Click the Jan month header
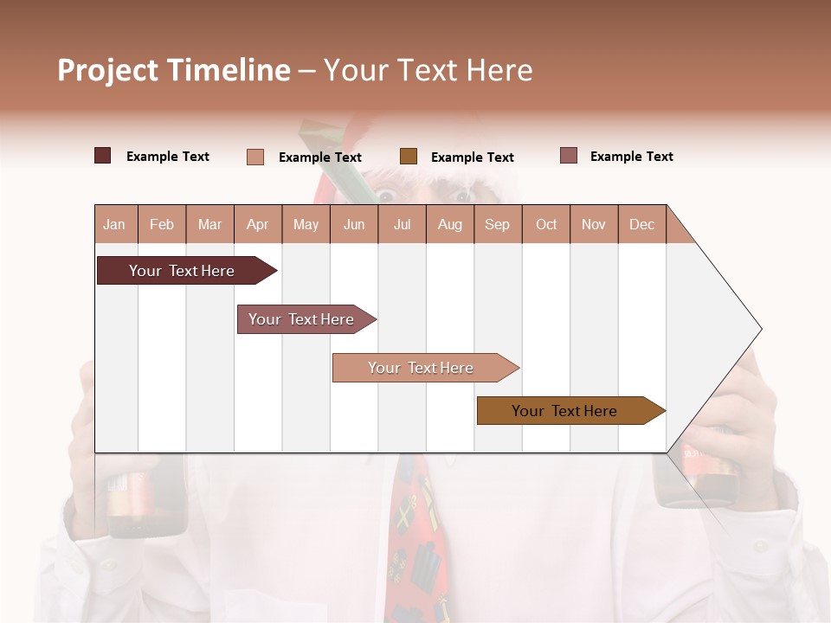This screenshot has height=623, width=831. coord(114,224)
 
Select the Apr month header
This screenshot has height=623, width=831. coord(257,224)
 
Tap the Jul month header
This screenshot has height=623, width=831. coord(402,224)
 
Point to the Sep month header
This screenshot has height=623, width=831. coord(497,224)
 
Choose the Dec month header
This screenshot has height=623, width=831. coord(641,224)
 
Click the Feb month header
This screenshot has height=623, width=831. coord(162,224)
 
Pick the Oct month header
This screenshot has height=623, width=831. coord(546,224)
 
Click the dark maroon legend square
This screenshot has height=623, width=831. coord(103,156)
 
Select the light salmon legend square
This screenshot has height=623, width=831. coord(255,157)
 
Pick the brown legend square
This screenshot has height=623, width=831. coord(409,157)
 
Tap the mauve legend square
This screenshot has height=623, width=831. coord(568,156)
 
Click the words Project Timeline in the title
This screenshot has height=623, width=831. coord(174,70)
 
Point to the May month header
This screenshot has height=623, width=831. coord(306,224)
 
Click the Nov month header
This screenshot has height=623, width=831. coord(594,224)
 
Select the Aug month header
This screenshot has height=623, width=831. coord(449,224)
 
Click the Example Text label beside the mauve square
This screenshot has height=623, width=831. coord(631,157)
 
